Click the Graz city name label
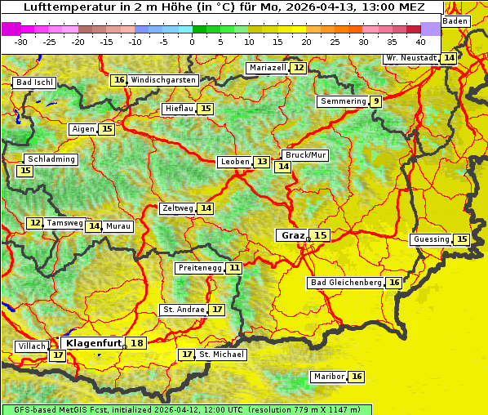[x=292, y=235]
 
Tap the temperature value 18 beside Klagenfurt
[x=137, y=343]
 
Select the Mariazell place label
[x=268, y=68]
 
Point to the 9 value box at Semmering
[x=375, y=101]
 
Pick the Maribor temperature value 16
[x=357, y=377]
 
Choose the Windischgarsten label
[x=163, y=80]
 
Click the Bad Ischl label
[x=34, y=83]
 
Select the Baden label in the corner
[x=455, y=21]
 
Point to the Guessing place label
[x=431, y=239]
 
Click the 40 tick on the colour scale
[x=420, y=41]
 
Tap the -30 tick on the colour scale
[x=21, y=41]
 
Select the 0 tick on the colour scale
[x=192, y=41]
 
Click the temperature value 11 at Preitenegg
[x=235, y=267]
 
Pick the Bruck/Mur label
[x=305, y=154]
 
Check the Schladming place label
[x=51, y=159]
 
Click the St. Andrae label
[x=183, y=310]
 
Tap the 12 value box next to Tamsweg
[x=34, y=223]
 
